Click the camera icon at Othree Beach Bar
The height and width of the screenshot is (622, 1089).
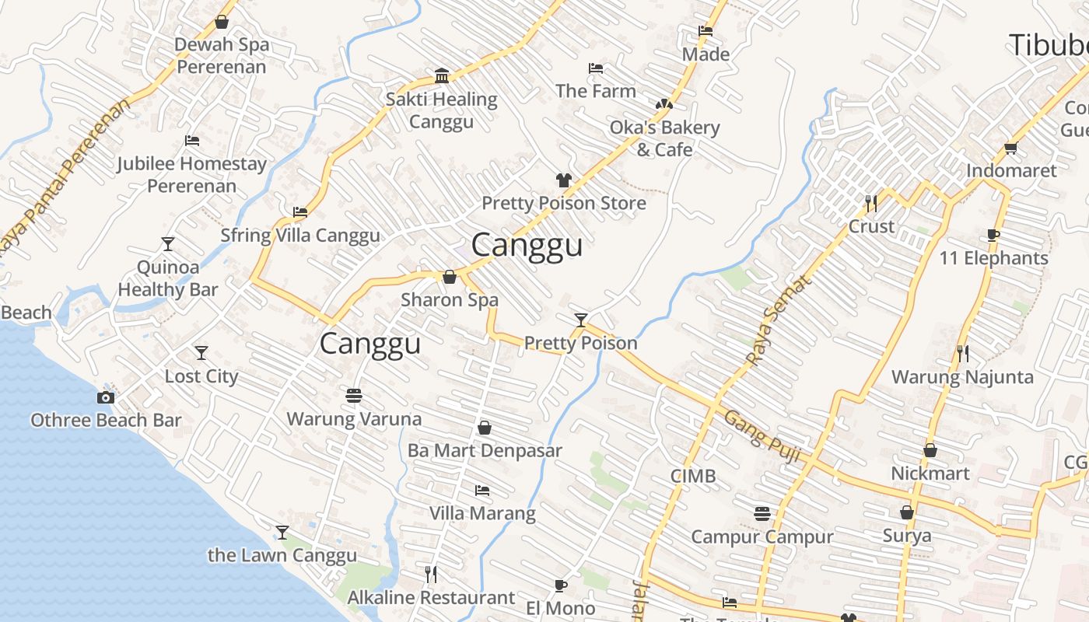click(106, 397)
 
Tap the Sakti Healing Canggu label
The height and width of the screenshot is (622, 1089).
click(442, 110)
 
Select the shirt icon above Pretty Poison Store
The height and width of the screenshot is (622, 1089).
click(564, 180)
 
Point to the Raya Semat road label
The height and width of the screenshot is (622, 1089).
click(779, 320)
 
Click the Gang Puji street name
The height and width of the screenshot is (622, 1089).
click(762, 437)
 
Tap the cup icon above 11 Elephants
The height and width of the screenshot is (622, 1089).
click(993, 235)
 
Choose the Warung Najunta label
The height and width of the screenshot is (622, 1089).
click(962, 377)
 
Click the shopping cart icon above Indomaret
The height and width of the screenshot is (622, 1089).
click(1010, 148)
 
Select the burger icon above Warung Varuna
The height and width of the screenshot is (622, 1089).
click(354, 396)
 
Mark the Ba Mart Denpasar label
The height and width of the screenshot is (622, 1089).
click(485, 450)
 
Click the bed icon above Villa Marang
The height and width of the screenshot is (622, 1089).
click(482, 491)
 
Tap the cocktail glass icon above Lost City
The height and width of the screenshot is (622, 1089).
click(201, 353)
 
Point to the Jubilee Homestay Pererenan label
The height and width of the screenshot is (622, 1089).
click(192, 175)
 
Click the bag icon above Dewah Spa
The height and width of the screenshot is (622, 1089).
click(222, 22)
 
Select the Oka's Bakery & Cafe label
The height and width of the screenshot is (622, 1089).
click(664, 138)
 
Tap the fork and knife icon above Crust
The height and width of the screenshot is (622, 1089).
click(871, 204)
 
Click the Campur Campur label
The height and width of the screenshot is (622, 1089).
click(762, 536)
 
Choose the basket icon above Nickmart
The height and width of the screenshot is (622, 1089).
click(930, 450)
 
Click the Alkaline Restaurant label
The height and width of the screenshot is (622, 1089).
click(431, 597)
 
